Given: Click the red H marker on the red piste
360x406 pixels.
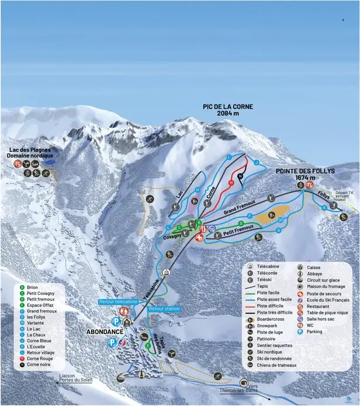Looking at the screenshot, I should click(x=231, y=183).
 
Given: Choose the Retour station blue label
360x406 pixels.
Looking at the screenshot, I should click(x=165, y=308).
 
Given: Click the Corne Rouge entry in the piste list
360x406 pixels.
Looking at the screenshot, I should click(x=39, y=358).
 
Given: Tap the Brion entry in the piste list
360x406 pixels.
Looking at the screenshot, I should click(x=33, y=287).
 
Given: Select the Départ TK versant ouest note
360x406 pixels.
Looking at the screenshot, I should click(x=344, y=196).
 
